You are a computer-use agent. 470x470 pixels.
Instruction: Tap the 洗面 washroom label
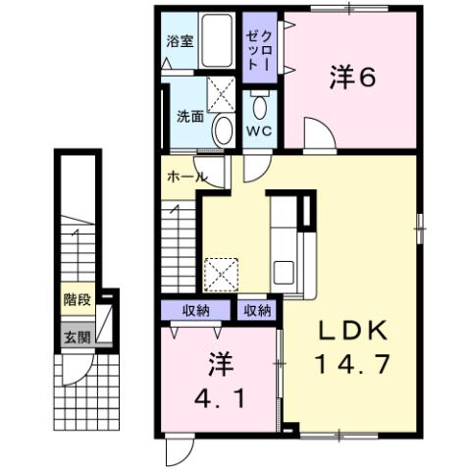pyautogui.click(x=190, y=116)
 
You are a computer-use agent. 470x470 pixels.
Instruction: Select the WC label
pyautogui.click(x=257, y=131)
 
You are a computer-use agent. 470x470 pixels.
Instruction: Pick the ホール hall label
pyautogui.click(x=186, y=178)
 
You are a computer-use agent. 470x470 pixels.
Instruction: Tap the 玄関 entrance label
pyautogui.click(x=76, y=337)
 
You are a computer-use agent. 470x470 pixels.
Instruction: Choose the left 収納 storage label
pyautogui.click(x=195, y=311)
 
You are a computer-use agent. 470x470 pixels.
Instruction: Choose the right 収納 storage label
pyautogui.click(x=256, y=311)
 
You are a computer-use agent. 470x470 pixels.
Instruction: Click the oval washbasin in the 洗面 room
pyautogui.click(x=224, y=128)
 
